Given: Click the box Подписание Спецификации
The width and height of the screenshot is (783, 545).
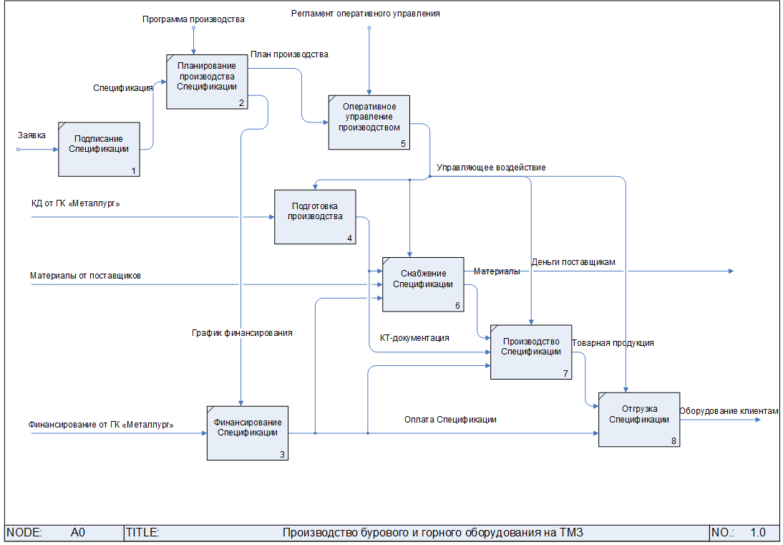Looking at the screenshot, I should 99,149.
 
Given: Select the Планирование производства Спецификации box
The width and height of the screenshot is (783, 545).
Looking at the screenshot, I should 208,81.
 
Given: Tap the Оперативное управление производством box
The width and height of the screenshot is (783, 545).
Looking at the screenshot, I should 369,122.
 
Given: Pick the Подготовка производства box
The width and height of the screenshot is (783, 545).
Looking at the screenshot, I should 315,216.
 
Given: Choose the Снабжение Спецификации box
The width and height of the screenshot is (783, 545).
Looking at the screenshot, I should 422,284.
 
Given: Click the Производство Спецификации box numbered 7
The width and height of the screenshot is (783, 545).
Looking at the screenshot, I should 530,351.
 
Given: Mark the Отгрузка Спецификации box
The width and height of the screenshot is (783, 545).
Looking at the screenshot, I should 638,419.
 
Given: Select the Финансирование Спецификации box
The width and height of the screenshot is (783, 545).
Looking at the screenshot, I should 248,433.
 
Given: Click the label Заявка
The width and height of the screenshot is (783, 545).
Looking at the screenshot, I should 32,135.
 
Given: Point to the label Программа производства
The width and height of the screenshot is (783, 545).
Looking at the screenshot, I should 193,19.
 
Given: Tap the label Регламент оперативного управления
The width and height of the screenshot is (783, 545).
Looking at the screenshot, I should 365,13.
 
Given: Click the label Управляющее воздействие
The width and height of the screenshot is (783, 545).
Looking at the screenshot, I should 491,168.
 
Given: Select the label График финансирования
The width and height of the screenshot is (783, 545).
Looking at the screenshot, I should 242,332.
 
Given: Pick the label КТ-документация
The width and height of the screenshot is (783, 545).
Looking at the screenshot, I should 414,337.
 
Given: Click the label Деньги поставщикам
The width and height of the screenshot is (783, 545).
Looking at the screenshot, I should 573,262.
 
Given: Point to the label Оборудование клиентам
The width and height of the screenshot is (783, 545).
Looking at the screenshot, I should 728,411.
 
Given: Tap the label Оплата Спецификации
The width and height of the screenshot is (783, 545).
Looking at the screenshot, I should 450,420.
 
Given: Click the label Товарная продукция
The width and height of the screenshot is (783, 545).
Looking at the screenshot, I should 613,343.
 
